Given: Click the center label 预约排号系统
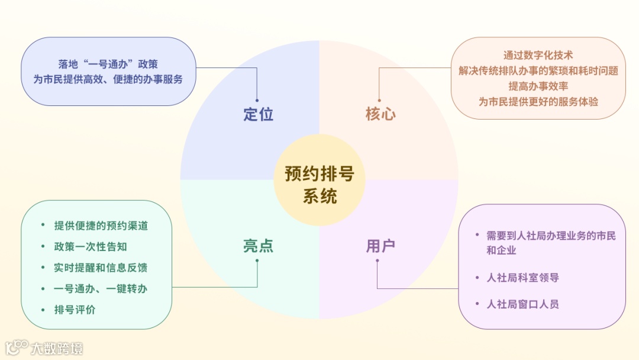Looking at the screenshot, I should pyautogui.click(x=319, y=184).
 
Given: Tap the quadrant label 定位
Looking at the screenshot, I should pyautogui.click(x=259, y=114).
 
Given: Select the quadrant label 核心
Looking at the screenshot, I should pyautogui.click(x=380, y=114).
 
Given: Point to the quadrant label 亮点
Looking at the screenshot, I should pyautogui.click(x=259, y=246).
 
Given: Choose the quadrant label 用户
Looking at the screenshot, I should pyautogui.click(x=380, y=246).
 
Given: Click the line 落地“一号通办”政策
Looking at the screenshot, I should pyautogui.click(x=108, y=64).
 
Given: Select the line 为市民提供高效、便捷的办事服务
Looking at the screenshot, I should pyautogui.click(x=108, y=79).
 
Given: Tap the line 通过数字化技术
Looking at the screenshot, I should pyautogui.click(x=538, y=56).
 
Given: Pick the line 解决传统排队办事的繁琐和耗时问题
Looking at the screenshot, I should pyautogui.click(x=538, y=70).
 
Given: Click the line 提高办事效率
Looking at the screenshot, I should pyautogui.click(x=538, y=86).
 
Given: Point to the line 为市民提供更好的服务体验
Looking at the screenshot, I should pyautogui.click(x=538, y=101).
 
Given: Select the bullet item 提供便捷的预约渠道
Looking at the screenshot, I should pyautogui.click(x=101, y=226).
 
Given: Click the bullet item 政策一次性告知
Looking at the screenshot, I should pyautogui.click(x=91, y=246).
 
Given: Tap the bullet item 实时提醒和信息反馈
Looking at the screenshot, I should pyautogui.click(x=101, y=268).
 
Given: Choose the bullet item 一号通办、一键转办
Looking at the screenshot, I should pyautogui.click(x=101, y=289).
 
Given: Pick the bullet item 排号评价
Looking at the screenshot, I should pyautogui.click(x=75, y=310).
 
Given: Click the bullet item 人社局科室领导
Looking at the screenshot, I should pyautogui.click(x=523, y=278).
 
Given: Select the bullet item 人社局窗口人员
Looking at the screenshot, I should pyautogui.click(x=523, y=304).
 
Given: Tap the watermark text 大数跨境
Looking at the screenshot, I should pyautogui.click(x=57, y=348).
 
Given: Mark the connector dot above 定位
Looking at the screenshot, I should pyautogui.click(x=257, y=100).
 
